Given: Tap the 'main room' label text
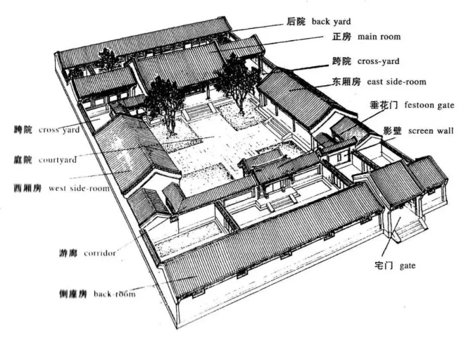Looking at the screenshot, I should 379,37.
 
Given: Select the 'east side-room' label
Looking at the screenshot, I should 399,82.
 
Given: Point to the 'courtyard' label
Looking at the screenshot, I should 57,160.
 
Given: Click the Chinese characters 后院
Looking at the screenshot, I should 297,22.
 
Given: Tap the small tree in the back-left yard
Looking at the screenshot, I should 108,58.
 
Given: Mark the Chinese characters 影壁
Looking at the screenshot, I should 392,130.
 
